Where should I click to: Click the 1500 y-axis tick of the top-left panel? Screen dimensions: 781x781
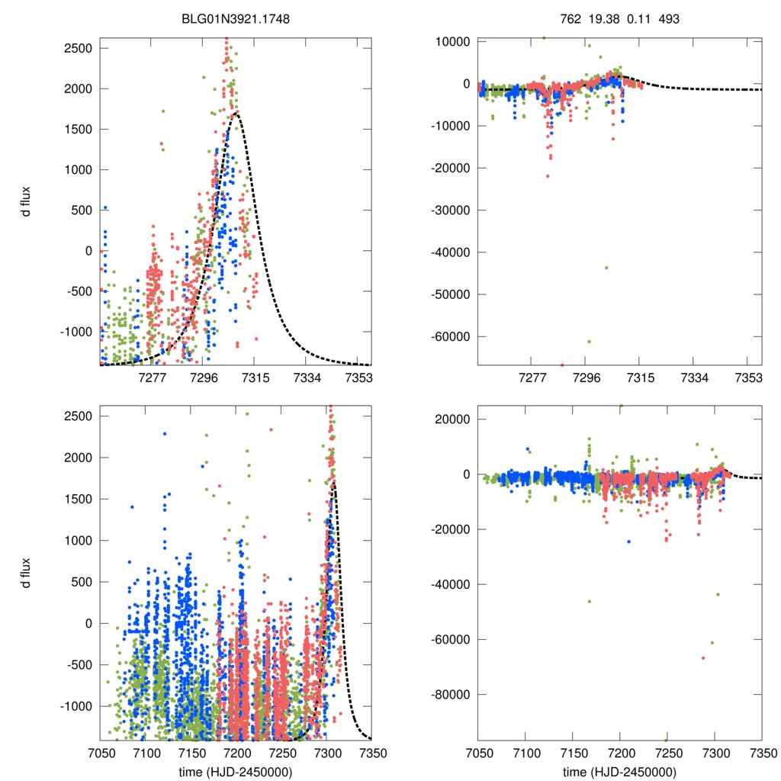pyautogui.click(x=78, y=129)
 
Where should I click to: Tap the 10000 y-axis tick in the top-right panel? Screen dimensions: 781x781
pyautogui.click(x=452, y=41)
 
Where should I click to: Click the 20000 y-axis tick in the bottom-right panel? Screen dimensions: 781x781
pyautogui.click(x=452, y=419)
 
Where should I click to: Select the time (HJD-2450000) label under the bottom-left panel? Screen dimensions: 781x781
pyautogui.click(x=236, y=772)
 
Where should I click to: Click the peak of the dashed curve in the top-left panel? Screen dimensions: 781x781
pyautogui.click(x=236, y=114)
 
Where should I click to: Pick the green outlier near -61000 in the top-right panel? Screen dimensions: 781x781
pyautogui.click(x=589, y=341)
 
